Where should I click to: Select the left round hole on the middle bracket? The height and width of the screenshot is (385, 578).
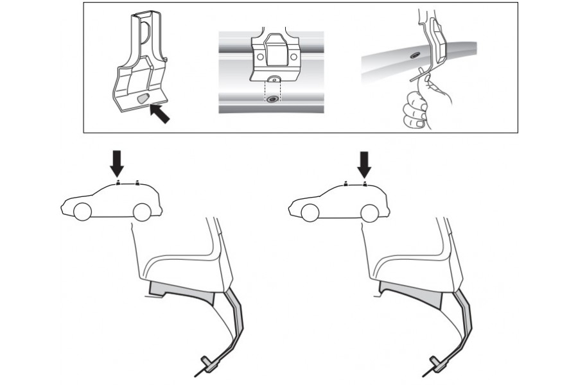pyautogui.click(x=260, y=57)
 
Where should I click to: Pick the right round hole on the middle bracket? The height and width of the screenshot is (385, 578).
pyautogui.click(x=293, y=57)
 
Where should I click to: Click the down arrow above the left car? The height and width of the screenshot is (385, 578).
pyautogui.click(x=116, y=164)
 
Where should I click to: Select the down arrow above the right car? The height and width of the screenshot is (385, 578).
pyautogui.click(x=365, y=164)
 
